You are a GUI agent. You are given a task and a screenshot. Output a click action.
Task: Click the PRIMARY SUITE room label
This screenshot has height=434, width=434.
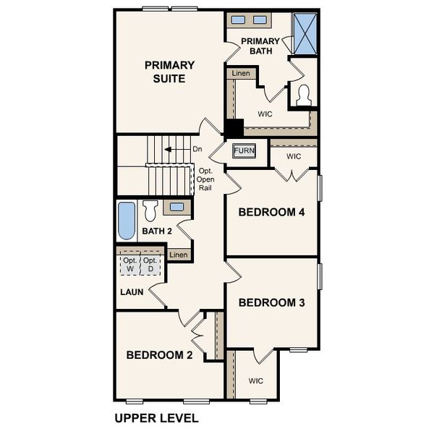click(170, 72)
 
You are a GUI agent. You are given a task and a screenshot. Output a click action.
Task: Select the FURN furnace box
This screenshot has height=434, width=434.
click(244, 151)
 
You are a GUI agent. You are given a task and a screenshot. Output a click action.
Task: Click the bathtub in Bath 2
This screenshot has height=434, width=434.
click(127, 221)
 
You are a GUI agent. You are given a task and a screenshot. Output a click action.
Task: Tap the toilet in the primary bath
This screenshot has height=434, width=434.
click(303, 95)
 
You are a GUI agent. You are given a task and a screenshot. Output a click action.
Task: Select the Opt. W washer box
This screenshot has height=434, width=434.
click(130, 265)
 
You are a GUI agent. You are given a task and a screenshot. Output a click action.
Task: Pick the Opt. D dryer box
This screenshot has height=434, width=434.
click(150, 265)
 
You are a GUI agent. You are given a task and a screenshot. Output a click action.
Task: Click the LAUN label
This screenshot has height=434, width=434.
click(132, 292)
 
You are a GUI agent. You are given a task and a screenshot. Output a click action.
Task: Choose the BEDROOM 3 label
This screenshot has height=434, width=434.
click(267, 302)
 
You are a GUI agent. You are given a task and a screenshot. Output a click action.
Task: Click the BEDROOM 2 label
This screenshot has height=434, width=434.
click(159, 355)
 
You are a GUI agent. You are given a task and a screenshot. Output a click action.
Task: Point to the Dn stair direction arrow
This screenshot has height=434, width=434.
click(171, 150)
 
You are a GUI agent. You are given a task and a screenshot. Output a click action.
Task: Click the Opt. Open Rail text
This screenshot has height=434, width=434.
click(205, 180)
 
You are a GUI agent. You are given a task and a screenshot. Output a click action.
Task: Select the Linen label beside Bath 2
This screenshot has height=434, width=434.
click(178, 255)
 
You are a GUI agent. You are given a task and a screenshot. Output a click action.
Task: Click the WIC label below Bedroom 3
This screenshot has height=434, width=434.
click(256, 380)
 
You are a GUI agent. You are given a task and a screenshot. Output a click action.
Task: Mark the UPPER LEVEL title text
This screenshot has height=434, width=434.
click(156, 418)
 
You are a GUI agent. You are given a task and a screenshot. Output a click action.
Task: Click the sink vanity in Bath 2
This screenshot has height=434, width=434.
click(176, 208)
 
